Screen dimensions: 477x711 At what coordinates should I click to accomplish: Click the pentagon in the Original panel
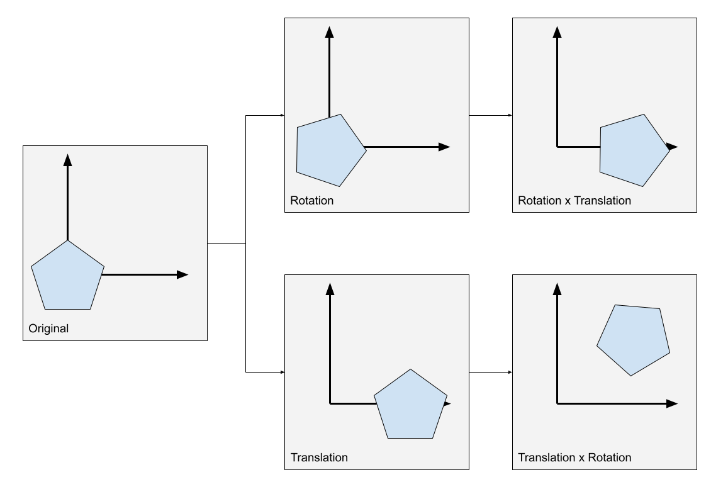67,278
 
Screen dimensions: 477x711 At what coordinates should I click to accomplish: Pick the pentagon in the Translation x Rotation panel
632,339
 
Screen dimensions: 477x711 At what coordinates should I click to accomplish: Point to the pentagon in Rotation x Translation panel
632,151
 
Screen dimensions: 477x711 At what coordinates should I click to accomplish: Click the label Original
48,328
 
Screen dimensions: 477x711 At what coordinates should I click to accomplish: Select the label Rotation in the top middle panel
311,201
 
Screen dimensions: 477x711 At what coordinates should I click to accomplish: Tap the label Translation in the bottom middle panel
319,457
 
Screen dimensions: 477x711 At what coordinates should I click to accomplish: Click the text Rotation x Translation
574,201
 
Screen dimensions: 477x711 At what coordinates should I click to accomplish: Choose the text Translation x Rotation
574,457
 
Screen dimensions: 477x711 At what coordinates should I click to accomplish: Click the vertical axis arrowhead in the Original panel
67,160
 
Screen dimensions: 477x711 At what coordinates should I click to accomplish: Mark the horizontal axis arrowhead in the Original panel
182,274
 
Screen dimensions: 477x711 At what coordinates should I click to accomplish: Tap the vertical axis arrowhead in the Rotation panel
329,31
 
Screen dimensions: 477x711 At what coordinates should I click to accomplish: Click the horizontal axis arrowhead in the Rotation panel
444,147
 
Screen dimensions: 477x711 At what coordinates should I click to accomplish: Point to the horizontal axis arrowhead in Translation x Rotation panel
672,403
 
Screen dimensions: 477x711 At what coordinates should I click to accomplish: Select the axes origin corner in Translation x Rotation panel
557,403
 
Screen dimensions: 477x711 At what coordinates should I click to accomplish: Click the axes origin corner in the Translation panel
330,403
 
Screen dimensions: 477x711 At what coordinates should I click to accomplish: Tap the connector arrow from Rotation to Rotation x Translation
491,115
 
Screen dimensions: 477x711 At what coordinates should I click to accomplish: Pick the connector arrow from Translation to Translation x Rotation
491,372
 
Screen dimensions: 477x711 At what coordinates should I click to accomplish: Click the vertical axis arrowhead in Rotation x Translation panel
557,31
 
